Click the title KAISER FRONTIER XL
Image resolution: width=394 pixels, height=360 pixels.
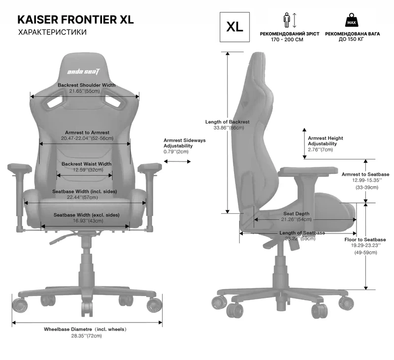(75, 20)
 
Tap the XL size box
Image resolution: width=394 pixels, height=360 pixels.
(234, 26)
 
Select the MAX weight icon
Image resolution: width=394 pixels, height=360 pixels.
(351, 21)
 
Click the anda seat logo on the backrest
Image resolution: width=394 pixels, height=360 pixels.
(84, 72)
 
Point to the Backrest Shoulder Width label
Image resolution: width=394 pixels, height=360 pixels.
(87, 85)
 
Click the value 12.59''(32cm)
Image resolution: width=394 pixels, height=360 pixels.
(87, 170)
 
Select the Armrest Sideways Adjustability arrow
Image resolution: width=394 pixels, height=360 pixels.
(178, 160)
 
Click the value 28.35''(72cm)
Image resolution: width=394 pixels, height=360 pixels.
(86, 336)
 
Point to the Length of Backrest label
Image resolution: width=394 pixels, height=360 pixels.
(228, 122)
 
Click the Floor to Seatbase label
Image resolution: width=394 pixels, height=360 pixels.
(365, 239)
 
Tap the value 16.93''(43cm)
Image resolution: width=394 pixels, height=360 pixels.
(87, 221)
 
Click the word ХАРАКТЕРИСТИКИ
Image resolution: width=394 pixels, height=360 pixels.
(52, 33)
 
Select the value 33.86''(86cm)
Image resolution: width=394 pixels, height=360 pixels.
(228, 128)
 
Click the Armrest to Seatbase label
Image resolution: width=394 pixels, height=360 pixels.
(365, 174)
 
